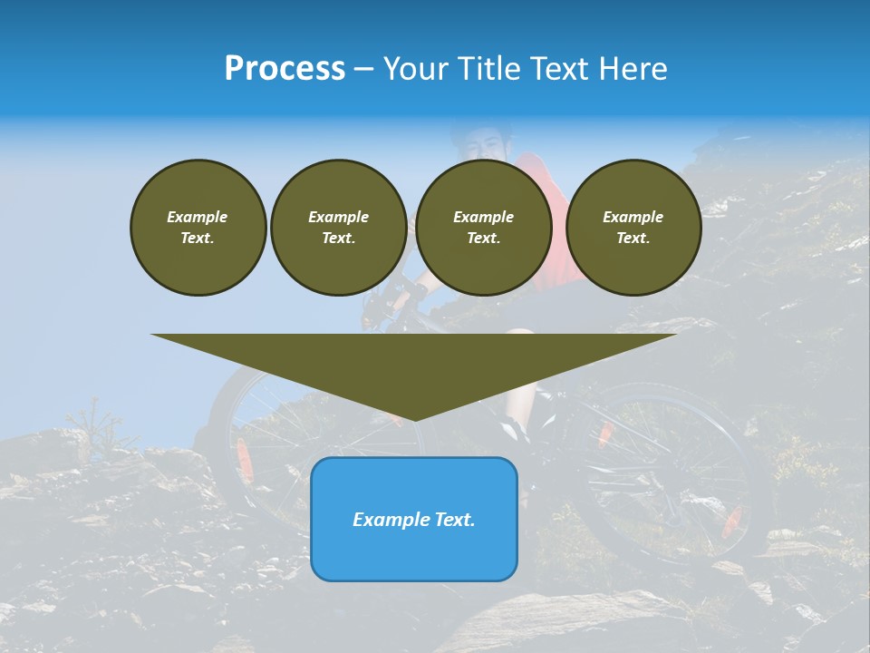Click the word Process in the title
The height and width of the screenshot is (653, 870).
click(x=285, y=69)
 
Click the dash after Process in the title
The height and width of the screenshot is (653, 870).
click(x=364, y=70)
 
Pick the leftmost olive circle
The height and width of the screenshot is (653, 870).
click(x=198, y=228)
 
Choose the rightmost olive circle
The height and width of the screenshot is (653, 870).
click(x=633, y=228)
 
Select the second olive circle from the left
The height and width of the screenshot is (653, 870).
click(x=338, y=228)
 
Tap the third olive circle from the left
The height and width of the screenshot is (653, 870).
click(x=483, y=228)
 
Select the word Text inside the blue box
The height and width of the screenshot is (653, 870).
click(x=454, y=520)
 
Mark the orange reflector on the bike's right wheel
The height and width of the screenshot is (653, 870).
click(x=732, y=519)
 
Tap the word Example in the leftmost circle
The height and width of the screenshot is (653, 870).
click(x=198, y=217)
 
